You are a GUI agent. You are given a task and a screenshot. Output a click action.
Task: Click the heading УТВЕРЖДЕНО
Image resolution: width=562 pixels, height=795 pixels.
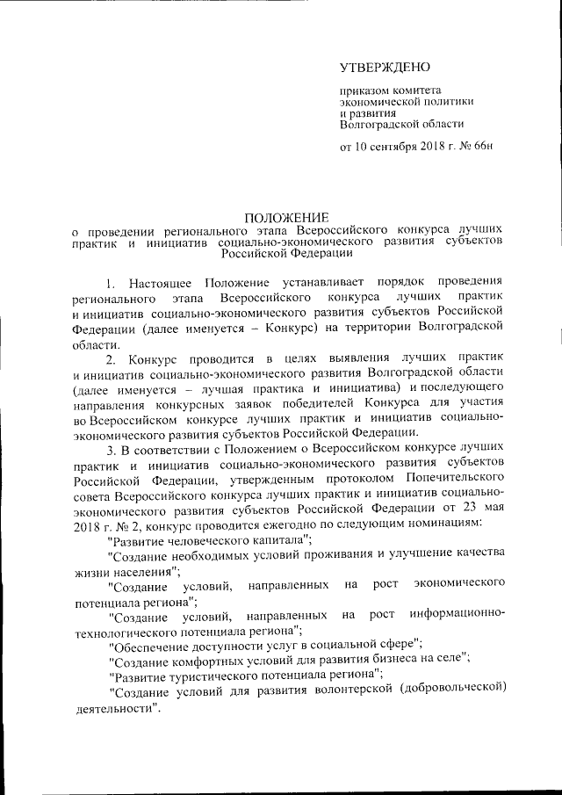(385, 68)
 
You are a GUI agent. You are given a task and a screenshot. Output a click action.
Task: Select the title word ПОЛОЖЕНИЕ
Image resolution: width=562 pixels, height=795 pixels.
(286, 217)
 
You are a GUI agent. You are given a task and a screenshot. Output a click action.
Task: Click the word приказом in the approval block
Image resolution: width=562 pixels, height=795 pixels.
(364, 90)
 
